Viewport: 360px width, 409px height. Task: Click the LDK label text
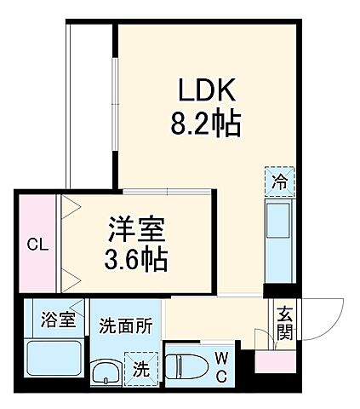[208, 91]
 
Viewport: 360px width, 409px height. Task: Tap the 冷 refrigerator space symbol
[280, 180]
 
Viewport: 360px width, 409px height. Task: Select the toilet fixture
[187, 367]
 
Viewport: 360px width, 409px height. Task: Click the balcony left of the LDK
[90, 102]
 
